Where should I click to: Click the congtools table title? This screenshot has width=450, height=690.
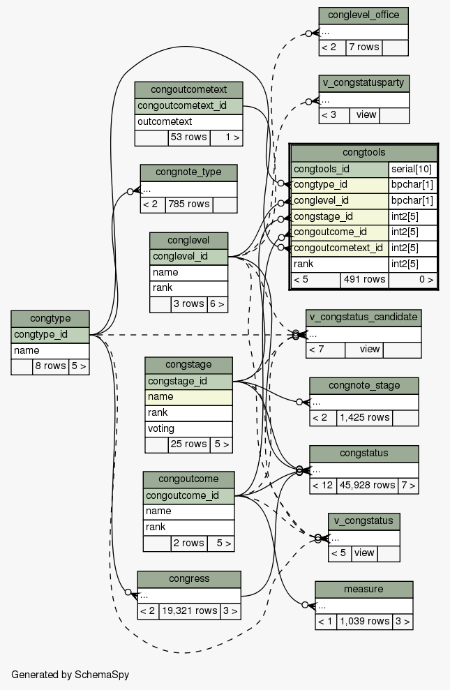[364, 153]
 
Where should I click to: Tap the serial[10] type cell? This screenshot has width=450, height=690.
[412, 169]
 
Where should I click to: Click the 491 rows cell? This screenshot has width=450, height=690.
[364, 280]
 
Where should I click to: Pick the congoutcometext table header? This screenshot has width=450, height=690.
[188, 90]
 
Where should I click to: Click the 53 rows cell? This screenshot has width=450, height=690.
[188, 137]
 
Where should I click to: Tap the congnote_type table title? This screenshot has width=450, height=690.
[188, 173]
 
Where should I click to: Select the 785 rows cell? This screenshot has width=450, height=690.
[189, 204]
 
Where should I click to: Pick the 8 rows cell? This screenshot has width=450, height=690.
[50, 366]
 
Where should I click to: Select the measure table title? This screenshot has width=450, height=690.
[363, 590]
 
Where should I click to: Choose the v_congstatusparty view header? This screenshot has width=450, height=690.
[363, 83]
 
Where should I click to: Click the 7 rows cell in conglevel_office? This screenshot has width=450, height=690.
[363, 47]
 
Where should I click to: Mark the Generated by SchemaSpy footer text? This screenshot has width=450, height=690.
[70, 675]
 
